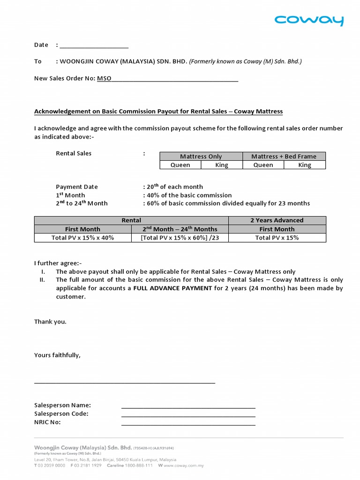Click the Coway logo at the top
click(309, 20)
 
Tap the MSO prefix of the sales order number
click(104, 78)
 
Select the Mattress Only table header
click(201, 157)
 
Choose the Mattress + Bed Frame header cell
click(284, 157)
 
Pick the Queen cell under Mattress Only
click(180, 165)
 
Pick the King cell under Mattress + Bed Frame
click(305, 165)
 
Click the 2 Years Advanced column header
click(277, 220)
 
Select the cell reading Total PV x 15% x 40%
click(82, 238)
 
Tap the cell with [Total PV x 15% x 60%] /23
click(180, 238)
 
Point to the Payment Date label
click(77, 187)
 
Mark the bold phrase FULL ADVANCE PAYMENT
click(172, 288)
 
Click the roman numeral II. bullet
click(43, 280)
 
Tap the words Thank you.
click(50, 322)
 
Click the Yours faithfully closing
click(57, 355)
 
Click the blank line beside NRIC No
click(188, 424)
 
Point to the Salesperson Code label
click(61, 413)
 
